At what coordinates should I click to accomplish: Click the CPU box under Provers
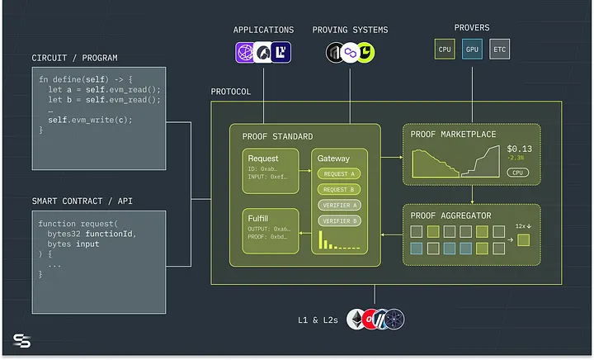445,50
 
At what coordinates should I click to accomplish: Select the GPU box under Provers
472,50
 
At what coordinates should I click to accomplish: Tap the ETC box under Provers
499,50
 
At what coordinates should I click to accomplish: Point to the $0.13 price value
519,149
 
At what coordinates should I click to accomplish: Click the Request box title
263,158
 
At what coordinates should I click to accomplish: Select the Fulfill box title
261,216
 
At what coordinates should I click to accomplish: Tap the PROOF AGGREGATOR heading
450,216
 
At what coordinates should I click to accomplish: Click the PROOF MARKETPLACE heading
455,135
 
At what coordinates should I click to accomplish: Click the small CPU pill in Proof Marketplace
518,173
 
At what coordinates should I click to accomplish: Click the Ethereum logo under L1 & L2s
357,319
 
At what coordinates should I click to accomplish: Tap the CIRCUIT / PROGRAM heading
74,58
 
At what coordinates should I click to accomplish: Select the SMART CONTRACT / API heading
84,201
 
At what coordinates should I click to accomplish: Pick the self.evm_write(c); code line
90,120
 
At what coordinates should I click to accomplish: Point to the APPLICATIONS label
264,30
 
